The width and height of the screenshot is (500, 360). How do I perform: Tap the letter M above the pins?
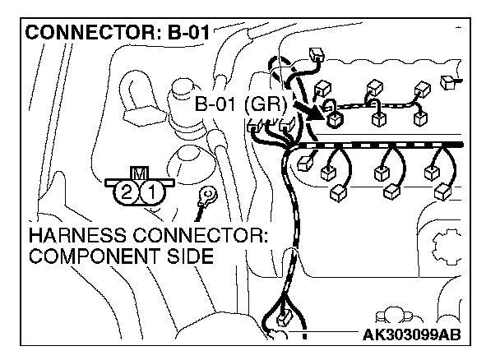point(140,174)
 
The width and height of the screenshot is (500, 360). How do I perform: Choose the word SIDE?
point(191,256)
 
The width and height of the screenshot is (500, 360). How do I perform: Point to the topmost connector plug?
point(317,55)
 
